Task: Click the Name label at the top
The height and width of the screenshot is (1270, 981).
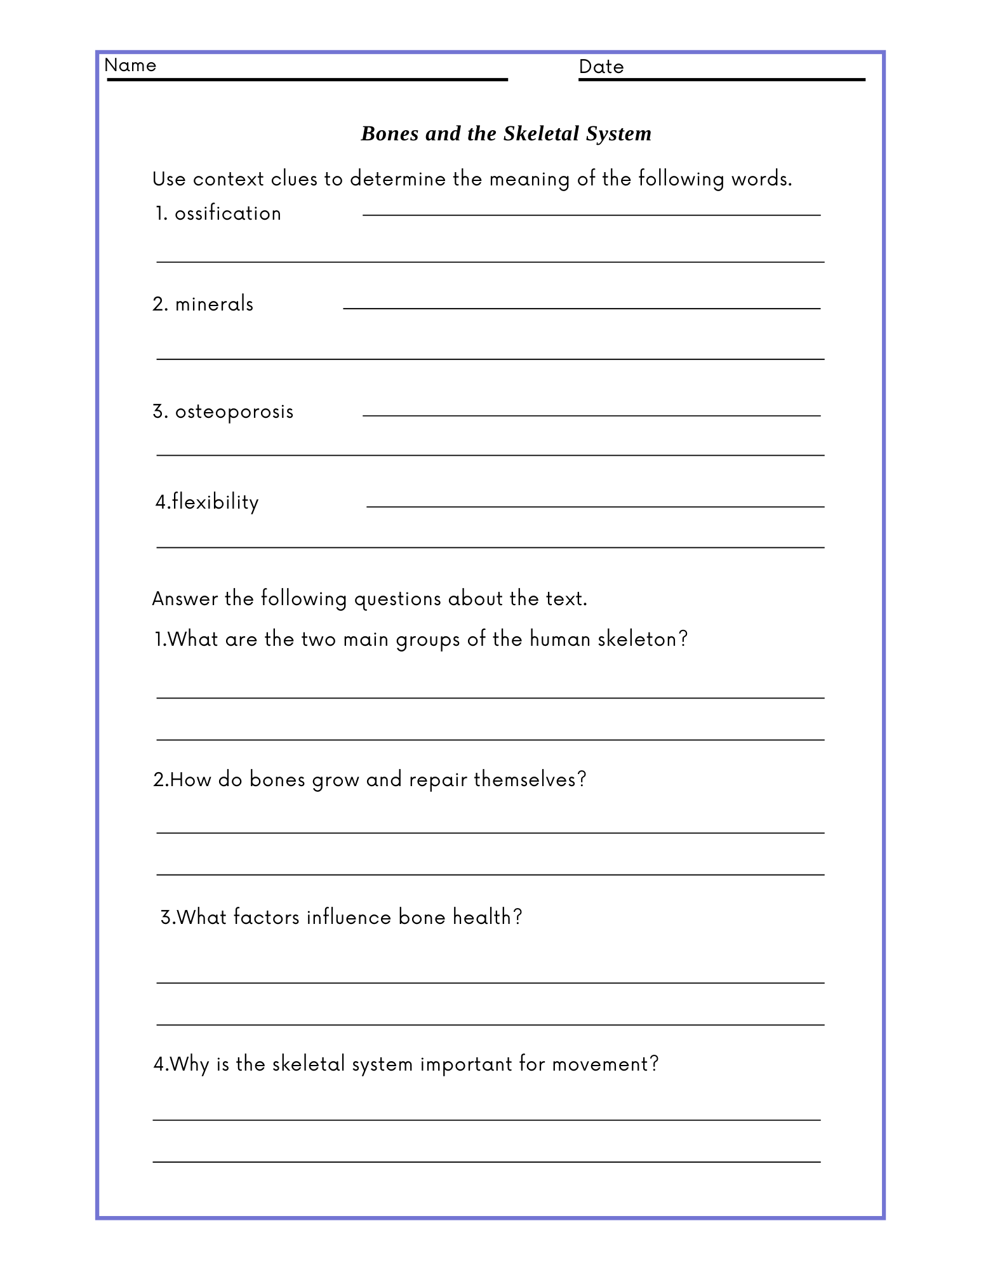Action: (x=130, y=65)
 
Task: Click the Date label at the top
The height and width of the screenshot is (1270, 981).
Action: (x=601, y=67)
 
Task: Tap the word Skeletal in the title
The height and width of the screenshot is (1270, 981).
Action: (x=541, y=133)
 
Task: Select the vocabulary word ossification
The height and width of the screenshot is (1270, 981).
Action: (x=228, y=213)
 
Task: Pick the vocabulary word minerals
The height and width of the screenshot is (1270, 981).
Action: (x=214, y=304)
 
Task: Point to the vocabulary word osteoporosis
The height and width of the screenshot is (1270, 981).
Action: (x=234, y=412)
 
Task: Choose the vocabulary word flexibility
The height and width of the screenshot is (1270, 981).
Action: (x=215, y=502)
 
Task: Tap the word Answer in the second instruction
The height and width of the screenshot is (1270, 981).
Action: (x=185, y=599)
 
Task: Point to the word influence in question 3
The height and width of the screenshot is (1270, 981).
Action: (x=349, y=917)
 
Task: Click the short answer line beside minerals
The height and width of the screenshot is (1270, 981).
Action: (x=582, y=309)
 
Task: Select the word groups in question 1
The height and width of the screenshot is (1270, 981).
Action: (x=428, y=639)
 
